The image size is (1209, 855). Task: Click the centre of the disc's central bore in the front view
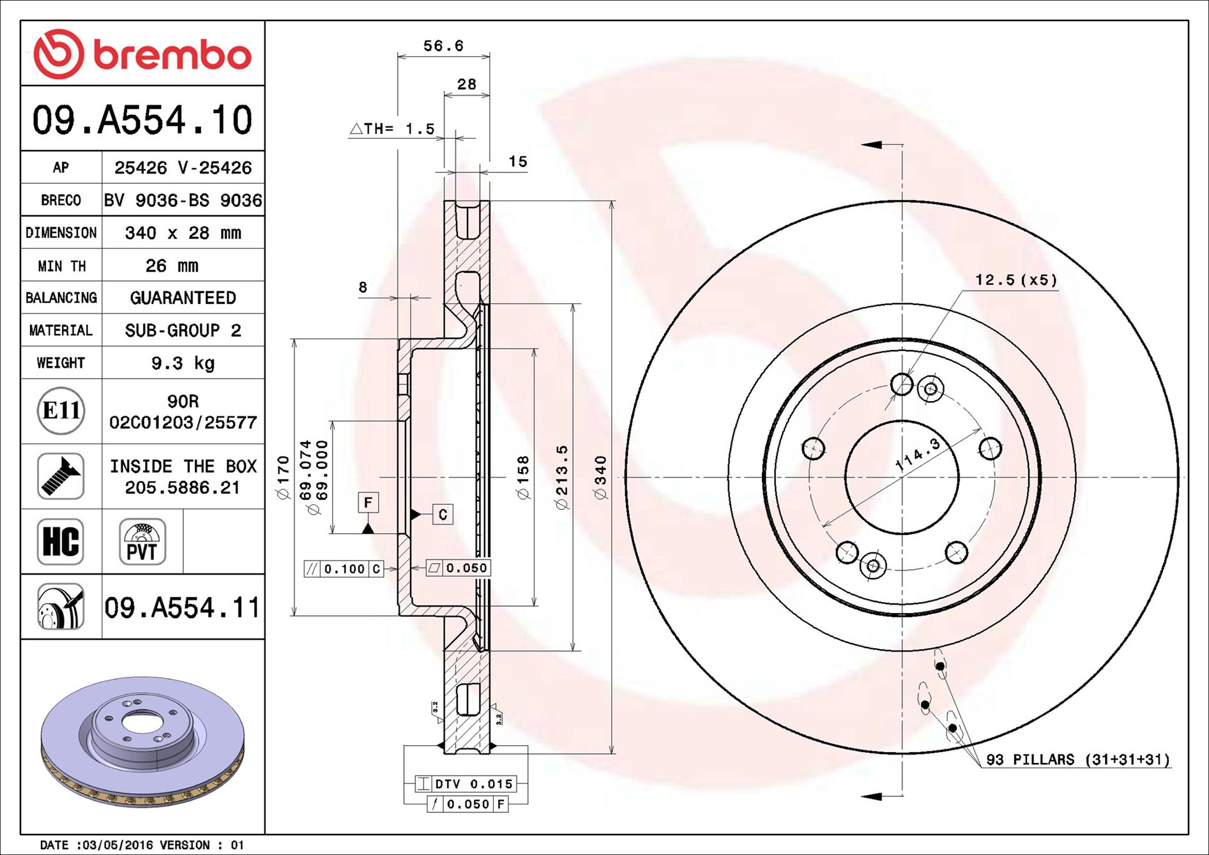902,477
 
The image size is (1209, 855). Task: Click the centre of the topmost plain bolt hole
902,384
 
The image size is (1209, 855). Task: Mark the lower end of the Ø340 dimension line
612,754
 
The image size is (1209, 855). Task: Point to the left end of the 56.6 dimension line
398,57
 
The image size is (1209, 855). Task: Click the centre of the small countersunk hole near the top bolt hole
931,389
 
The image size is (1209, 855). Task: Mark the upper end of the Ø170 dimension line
294,339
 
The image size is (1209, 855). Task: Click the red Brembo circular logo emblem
59,54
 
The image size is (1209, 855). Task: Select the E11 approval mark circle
61,411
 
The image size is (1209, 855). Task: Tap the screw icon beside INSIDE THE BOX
61,476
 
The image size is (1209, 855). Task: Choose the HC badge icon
61,541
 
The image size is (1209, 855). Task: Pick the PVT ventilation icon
142,541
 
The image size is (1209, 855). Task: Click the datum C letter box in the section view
443,515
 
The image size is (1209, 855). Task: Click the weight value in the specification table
183,363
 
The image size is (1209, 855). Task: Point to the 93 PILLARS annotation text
1078,759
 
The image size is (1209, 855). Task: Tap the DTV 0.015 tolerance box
466,783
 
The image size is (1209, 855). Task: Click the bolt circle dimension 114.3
918,455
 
